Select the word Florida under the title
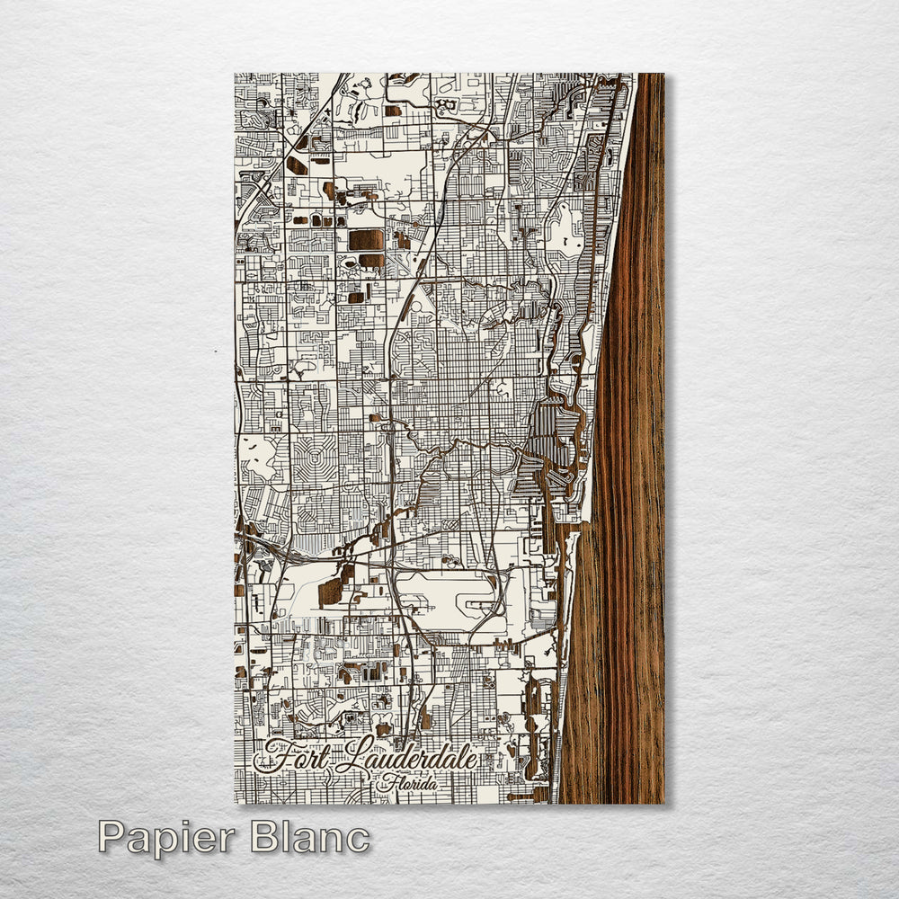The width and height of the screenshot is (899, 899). click(x=411, y=784)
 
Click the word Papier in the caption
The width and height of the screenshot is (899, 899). click(x=163, y=838)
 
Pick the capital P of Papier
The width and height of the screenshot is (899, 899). click(x=111, y=838)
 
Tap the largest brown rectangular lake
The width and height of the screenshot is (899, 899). click(x=366, y=239)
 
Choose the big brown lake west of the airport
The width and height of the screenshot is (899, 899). click(x=330, y=591)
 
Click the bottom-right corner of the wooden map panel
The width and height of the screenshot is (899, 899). click(x=663, y=802)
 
